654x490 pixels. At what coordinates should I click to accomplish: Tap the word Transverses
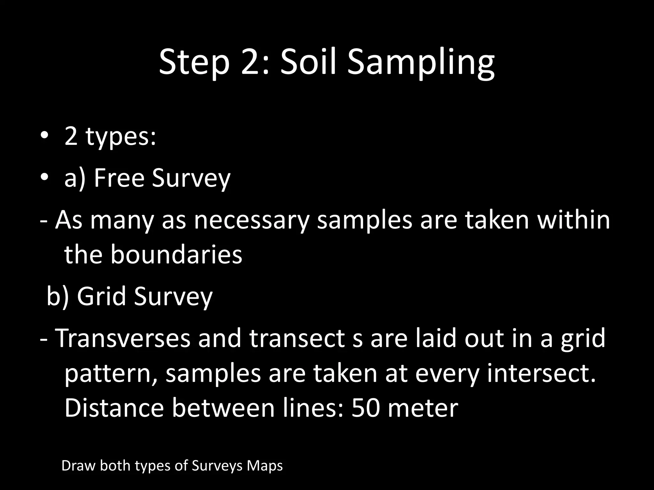click(123, 338)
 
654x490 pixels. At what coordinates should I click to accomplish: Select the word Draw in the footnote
click(78, 465)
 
